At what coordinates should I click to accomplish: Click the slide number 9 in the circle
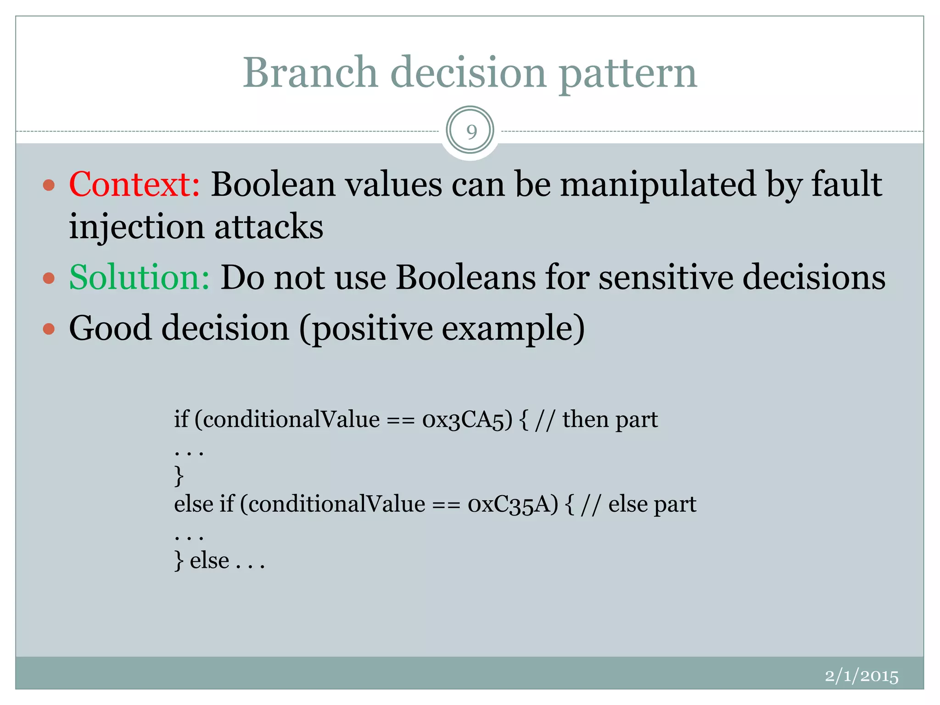click(x=471, y=132)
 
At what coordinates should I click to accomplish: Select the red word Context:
click(x=134, y=184)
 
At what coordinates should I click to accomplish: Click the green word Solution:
click(x=139, y=277)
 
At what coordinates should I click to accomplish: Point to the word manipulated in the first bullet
click(x=658, y=184)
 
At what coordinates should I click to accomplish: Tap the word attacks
click(x=269, y=227)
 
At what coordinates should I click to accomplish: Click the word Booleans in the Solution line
click(x=465, y=277)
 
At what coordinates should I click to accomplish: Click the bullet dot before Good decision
click(x=49, y=329)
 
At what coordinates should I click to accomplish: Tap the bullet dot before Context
click(x=49, y=185)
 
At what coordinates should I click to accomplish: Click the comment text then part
click(x=610, y=420)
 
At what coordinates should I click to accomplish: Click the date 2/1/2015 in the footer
click(x=861, y=676)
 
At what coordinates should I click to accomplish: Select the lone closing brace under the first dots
click(x=179, y=476)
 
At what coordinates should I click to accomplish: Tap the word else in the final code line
click(x=209, y=561)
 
